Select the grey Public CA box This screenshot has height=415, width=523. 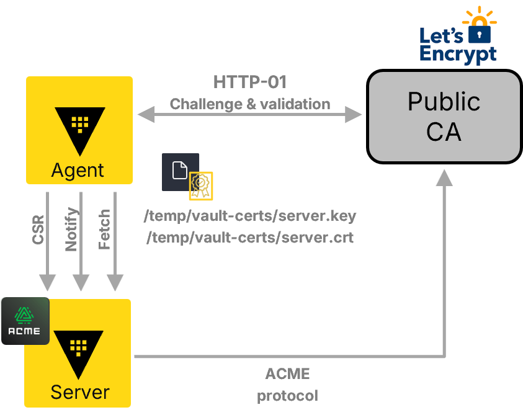[x=444, y=117]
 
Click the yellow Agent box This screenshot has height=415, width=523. [x=79, y=130]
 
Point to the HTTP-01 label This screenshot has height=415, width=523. [x=249, y=82]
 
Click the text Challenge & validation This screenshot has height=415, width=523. [x=249, y=104]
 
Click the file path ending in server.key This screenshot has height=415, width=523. [x=250, y=216]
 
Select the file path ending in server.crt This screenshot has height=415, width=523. [x=250, y=238]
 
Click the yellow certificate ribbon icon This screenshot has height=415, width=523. [x=201, y=185]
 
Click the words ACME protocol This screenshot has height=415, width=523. [x=287, y=385]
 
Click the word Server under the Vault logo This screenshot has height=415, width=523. [x=79, y=392]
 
